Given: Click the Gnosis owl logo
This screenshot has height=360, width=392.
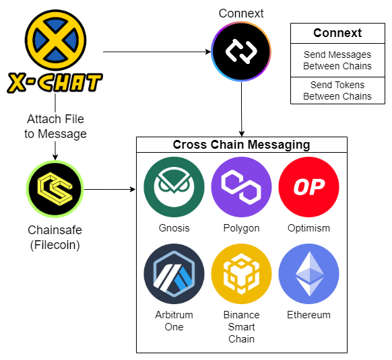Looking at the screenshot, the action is point(174,187).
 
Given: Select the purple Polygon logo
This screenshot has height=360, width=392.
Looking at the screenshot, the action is point(241,187).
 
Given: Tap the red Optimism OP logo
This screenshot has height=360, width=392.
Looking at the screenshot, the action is point(308,187).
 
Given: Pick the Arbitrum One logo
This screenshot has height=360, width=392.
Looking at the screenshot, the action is point(174,274).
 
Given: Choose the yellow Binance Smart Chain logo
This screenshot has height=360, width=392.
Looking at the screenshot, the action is point(241,274).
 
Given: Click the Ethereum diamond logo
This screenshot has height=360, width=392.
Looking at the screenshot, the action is point(308,274).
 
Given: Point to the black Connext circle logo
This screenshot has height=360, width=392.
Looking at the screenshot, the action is point(241,51).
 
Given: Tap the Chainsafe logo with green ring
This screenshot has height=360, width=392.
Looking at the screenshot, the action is point(55,189).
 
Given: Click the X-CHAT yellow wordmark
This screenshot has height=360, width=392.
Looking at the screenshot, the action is point(55,83).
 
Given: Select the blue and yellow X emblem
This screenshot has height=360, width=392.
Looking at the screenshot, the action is point(55,40).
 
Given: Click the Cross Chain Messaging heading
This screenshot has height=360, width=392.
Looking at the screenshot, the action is point(242,145).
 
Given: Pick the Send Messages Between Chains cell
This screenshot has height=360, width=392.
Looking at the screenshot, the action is point(337,60).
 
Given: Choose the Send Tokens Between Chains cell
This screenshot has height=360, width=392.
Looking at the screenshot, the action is point(337,90).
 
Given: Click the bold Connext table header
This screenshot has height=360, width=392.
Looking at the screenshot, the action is point(337,33).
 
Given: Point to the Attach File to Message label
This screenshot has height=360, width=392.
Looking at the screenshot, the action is point(55,127).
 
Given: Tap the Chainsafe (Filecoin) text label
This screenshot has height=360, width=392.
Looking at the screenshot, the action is point(55,238).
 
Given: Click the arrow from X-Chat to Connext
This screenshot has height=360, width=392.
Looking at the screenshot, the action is point(157,52).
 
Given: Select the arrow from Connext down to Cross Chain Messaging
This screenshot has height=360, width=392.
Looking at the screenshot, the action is point(242,110).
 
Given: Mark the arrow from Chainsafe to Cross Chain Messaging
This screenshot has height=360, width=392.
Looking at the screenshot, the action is point(110,189).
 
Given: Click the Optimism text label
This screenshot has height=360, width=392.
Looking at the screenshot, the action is point(308,228).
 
